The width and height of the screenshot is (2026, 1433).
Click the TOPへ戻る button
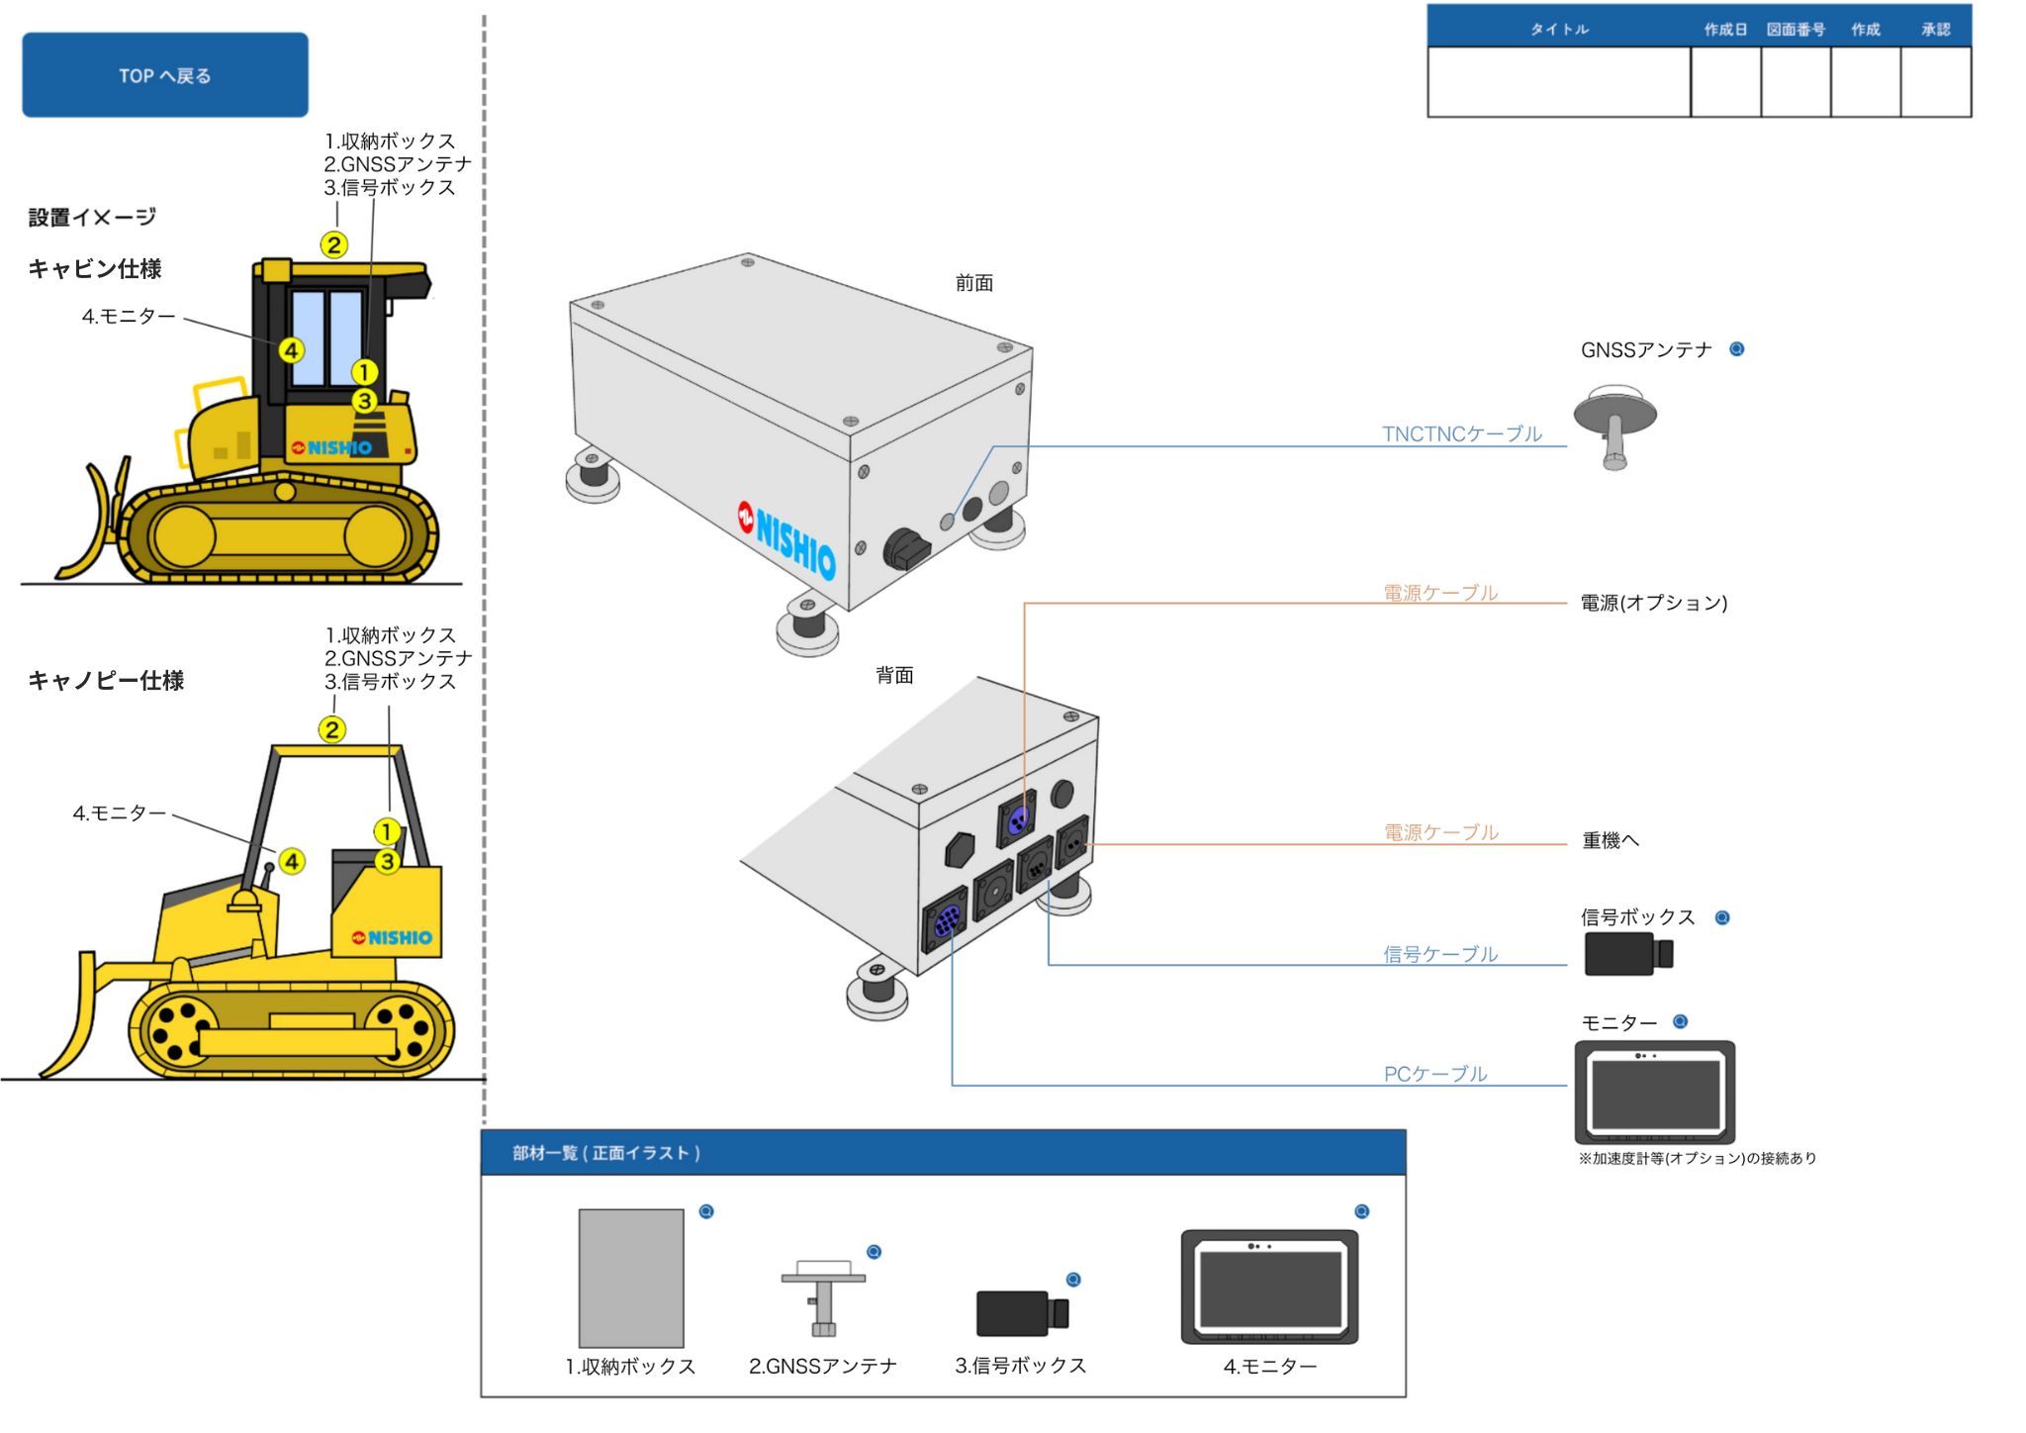click(x=165, y=75)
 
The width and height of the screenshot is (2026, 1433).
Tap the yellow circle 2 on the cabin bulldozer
click(x=334, y=244)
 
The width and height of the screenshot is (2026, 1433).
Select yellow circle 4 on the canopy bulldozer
click(x=292, y=861)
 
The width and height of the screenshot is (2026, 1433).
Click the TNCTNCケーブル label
click(x=1461, y=433)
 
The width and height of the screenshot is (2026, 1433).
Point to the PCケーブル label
click(x=1434, y=1074)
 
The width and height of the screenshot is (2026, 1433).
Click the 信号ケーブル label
click(x=1439, y=954)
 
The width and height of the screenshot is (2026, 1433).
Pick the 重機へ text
click(x=1611, y=840)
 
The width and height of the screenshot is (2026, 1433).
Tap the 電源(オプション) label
click(x=1653, y=603)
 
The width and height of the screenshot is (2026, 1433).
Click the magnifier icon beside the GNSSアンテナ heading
click(x=1736, y=349)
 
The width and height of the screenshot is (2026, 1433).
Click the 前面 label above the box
click(x=973, y=283)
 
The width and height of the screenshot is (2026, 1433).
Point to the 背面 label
click(x=894, y=675)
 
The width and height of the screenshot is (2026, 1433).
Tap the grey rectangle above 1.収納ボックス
click(x=631, y=1278)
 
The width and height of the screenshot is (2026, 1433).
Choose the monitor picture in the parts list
click(x=1269, y=1287)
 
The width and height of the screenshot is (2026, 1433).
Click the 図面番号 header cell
click(x=1796, y=30)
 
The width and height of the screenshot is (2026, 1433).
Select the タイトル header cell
click(x=1559, y=30)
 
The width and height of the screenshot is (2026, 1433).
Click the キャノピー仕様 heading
click(x=106, y=680)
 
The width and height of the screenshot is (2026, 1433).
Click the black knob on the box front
click(x=905, y=549)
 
